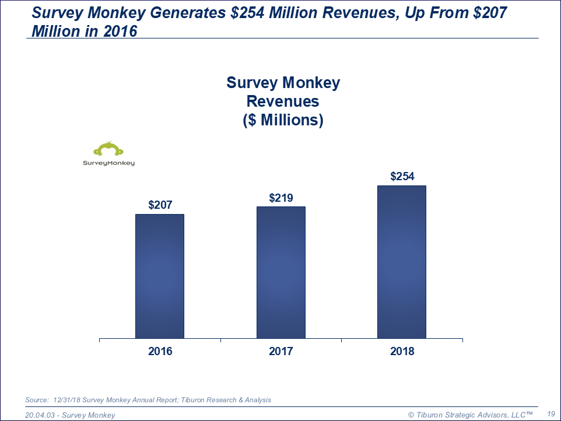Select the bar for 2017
pos(281,272)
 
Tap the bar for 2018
pos(402,262)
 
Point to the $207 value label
pos(160,205)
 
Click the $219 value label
pos(281,198)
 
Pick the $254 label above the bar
pos(402,177)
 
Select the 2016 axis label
pos(160,352)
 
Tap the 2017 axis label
pos(281,352)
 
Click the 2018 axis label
pos(402,352)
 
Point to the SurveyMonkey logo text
pos(108,163)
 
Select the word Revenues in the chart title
pos(283,101)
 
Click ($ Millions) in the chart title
pos(283,120)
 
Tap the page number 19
pos(551,414)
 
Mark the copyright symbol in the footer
pos(411,415)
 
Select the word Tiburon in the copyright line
pos(432,415)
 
